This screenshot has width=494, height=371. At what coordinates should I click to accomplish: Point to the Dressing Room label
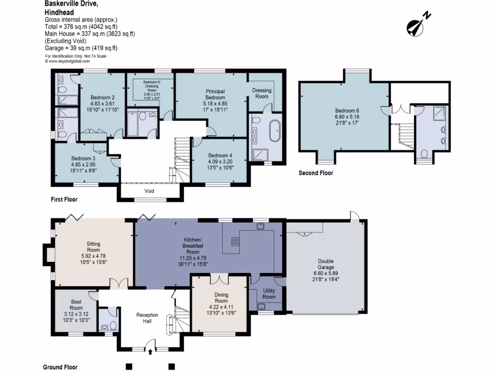coord(262,93)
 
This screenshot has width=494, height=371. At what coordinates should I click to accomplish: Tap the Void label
coord(149,191)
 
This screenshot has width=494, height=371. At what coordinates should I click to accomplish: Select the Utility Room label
coord(269,294)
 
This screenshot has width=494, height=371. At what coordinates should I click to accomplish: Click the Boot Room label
coord(76,305)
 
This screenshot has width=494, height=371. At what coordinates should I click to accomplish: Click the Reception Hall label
coord(147,318)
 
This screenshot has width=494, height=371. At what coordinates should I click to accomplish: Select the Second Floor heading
coord(316,173)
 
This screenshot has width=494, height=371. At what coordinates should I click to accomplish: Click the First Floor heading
coord(64,199)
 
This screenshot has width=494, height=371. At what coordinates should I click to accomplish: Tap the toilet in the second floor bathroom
coord(425,155)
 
